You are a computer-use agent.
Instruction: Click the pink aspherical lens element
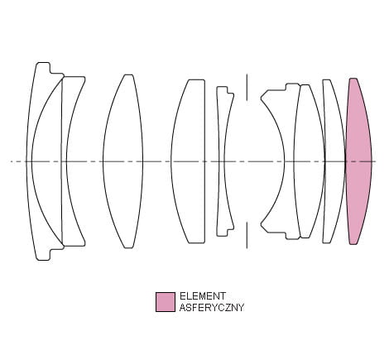click(358, 161)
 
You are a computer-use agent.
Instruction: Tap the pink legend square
click(166, 302)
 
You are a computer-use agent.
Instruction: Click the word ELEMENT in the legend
click(203, 296)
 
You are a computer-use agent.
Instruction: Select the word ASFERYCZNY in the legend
click(212, 307)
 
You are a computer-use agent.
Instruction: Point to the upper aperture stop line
click(247, 87)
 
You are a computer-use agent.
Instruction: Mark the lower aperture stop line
click(247, 235)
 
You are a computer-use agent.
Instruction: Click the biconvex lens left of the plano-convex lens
click(123, 161)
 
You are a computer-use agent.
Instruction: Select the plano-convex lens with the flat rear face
click(188, 161)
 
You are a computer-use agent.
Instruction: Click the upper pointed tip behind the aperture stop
click(262, 98)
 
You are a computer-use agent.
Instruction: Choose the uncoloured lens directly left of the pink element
click(334, 161)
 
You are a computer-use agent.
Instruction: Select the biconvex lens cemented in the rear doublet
click(309, 161)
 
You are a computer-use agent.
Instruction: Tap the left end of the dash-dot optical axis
click(11, 161)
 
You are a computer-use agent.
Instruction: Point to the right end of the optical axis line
click(377, 161)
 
